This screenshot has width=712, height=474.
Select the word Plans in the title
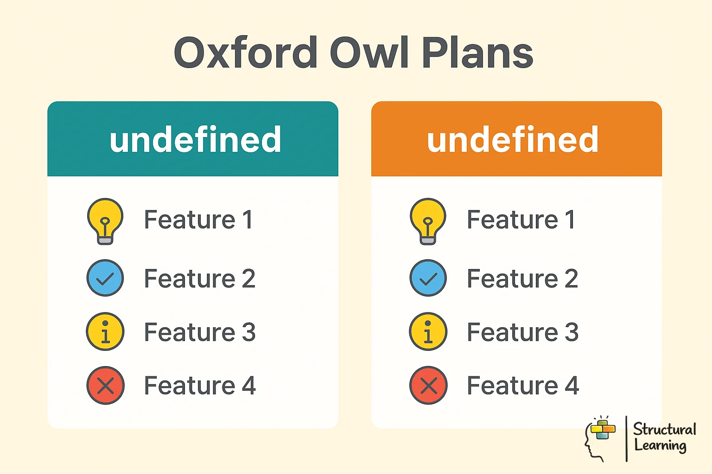point(477,53)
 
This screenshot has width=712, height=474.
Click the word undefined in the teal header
point(195,140)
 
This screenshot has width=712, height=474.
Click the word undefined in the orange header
point(513,140)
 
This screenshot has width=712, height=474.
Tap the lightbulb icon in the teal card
point(105,221)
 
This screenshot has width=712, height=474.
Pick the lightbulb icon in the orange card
point(428,221)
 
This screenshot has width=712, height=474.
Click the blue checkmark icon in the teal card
point(105,278)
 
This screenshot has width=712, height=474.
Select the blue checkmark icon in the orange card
point(428,278)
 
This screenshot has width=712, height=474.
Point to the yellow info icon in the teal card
point(105,331)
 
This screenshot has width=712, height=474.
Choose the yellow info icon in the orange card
point(428,331)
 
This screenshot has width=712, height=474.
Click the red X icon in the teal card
point(105,385)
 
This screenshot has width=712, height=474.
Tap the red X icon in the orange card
point(428,385)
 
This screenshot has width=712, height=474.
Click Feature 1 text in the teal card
point(198,219)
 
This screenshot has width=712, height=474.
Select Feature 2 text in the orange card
point(522,279)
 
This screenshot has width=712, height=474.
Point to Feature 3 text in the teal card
point(200,332)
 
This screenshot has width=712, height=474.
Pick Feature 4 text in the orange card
point(522,386)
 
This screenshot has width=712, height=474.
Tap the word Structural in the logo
point(664,429)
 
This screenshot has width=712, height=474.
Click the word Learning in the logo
point(660,446)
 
